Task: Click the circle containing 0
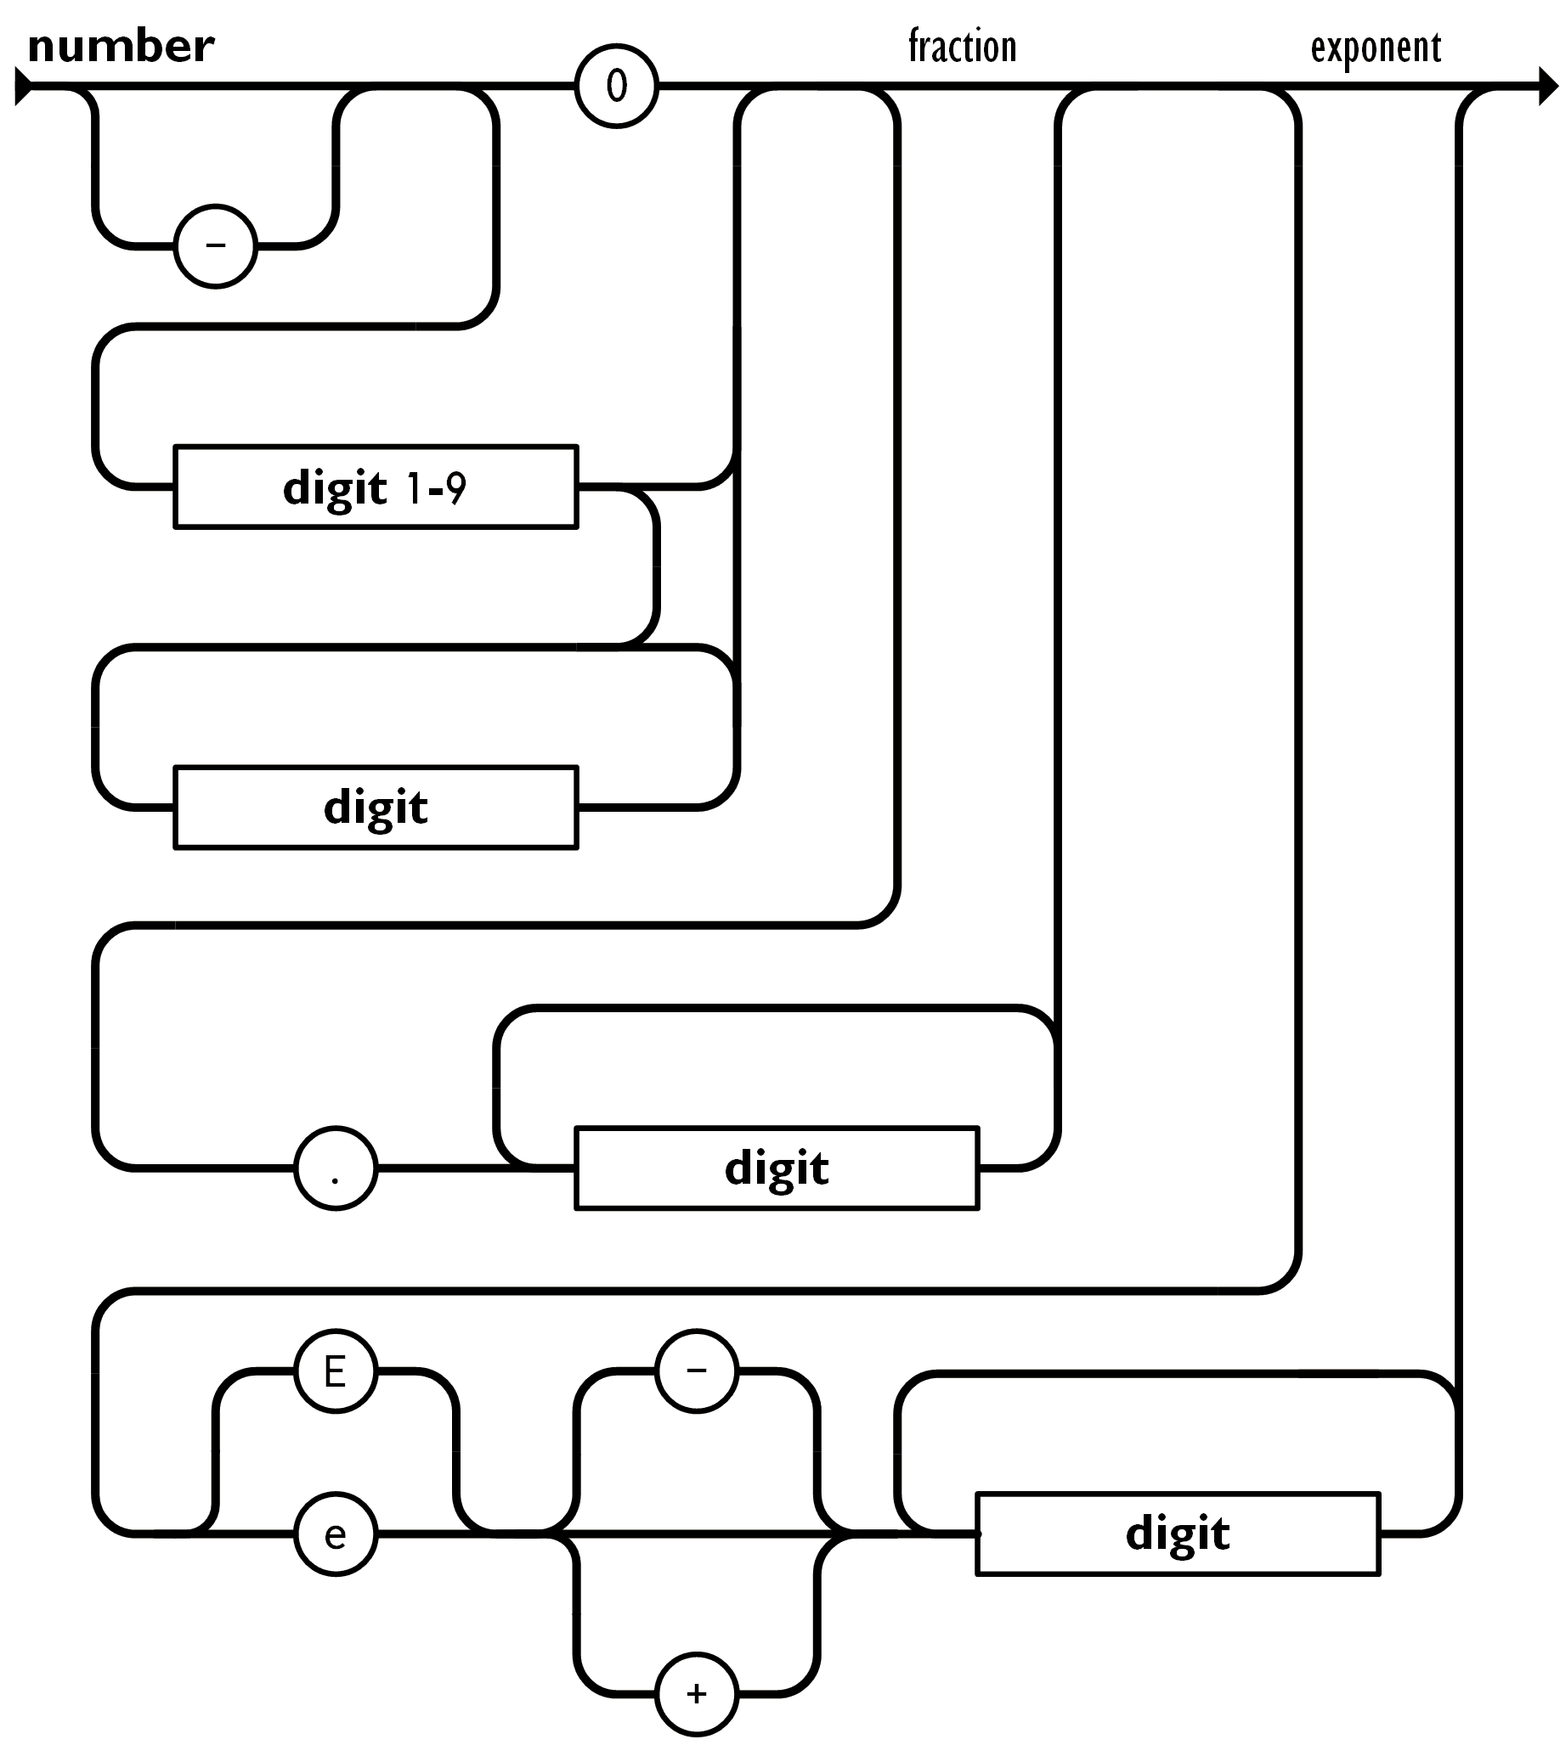point(616,87)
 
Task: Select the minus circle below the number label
point(216,246)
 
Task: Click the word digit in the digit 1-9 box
point(334,488)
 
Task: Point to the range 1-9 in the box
point(435,488)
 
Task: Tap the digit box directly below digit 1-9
point(376,807)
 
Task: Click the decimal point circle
point(335,1168)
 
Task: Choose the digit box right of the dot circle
point(776,1168)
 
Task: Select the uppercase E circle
point(335,1371)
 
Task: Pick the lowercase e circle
point(335,1534)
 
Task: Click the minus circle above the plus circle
point(696,1371)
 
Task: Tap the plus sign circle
point(696,1693)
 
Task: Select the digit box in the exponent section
point(1177,1534)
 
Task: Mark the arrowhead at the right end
point(1547,86)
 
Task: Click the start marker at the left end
point(24,87)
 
